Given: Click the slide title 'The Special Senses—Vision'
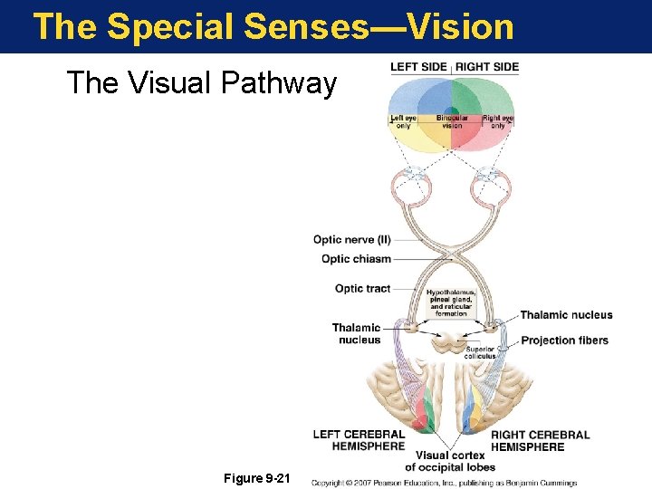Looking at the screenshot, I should [x=273, y=25].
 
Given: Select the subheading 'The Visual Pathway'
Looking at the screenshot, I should [x=201, y=83].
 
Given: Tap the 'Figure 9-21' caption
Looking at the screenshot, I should [x=256, y=477].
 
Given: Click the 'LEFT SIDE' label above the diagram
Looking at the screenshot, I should [x=419, y=67].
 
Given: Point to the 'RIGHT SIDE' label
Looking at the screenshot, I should [x=487, y=67].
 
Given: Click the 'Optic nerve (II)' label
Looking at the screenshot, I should [x=352, y=240].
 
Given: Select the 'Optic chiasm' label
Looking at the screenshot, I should [x=356, y=259].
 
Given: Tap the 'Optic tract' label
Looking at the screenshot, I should [x=362, y=289].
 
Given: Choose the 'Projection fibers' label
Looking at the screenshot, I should [x=564, y=340].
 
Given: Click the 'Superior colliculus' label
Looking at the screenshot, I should [x=480, y=353].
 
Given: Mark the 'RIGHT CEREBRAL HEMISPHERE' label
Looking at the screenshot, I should [x=540, y=440].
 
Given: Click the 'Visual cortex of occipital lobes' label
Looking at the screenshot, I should [x=450, y=461].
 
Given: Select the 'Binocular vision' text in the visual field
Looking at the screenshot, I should [x=452, y=122].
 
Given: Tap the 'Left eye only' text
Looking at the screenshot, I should [x=402, y=122].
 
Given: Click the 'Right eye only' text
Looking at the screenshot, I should [x=498, y=122].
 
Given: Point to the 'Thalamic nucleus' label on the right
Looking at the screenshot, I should [x=566, y=315].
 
